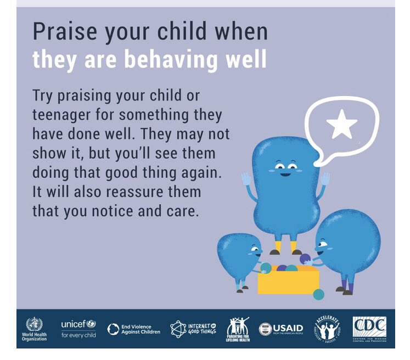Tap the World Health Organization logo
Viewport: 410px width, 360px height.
click(34, 329)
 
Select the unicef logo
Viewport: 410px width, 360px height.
click(78, 329)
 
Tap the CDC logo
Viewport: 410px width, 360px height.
click(369, 329)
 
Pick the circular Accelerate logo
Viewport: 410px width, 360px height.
click(328, 329)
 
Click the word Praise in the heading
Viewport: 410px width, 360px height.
click(59, 31)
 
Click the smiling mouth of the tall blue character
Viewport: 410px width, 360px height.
click(285, 175)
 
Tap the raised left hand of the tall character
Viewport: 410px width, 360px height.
click(246, 179)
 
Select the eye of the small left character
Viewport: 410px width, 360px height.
click(252, 248)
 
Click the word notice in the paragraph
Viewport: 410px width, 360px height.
click(115, 211)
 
